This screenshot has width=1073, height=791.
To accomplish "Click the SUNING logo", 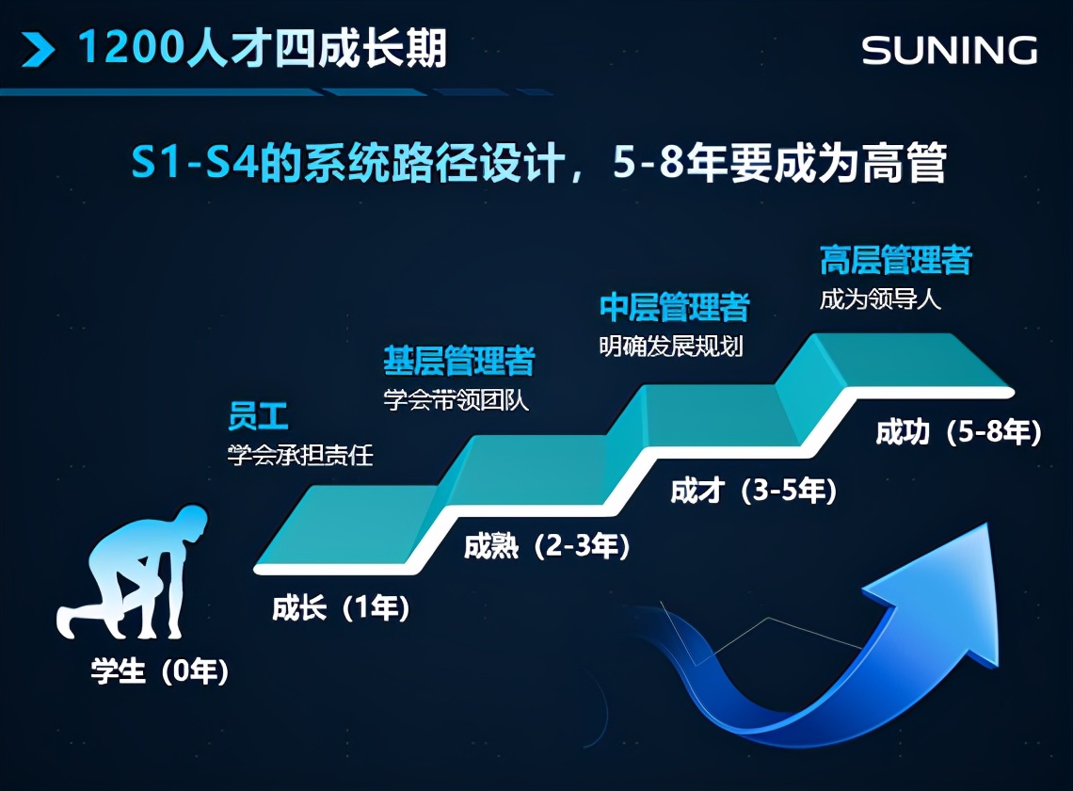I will point(949,50).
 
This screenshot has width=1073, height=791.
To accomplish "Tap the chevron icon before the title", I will point(38,49).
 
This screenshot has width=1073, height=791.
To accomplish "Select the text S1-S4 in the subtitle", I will point(186,164).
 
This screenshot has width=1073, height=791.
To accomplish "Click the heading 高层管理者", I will point(895,260).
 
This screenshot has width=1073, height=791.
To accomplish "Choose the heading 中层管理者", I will point(674,307).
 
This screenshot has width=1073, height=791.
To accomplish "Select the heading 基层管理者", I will point(458,361).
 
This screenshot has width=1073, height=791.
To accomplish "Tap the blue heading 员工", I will point(258,415).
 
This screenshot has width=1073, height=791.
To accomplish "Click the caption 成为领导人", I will point(880,301).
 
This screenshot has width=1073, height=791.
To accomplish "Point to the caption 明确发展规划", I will point(671,347).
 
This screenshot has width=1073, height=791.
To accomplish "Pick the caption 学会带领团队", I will point(456,400).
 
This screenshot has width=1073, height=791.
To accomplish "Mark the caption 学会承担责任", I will point(300,456).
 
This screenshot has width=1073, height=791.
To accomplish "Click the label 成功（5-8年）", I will point(958,432).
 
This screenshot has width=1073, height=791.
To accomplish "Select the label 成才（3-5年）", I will point(753,491).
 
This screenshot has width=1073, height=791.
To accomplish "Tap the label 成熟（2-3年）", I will point(547,546).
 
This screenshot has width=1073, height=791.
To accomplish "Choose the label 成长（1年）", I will point(341,608).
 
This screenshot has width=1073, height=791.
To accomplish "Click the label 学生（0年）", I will point(160,672).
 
